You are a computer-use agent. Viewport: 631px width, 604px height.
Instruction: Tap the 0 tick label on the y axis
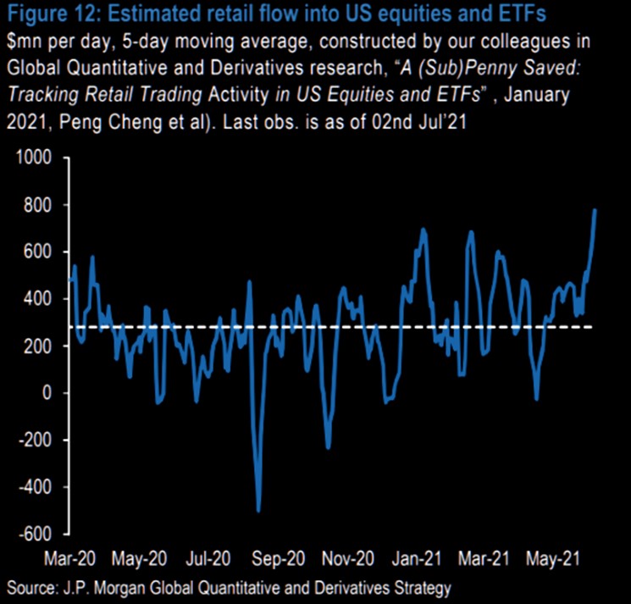point(46,393)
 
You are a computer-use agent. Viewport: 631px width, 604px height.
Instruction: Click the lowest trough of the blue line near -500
point(258,511)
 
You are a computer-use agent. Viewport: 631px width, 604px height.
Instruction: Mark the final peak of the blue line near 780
point(595,209)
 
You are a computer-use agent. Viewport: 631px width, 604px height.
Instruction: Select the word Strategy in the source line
point(424,586)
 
